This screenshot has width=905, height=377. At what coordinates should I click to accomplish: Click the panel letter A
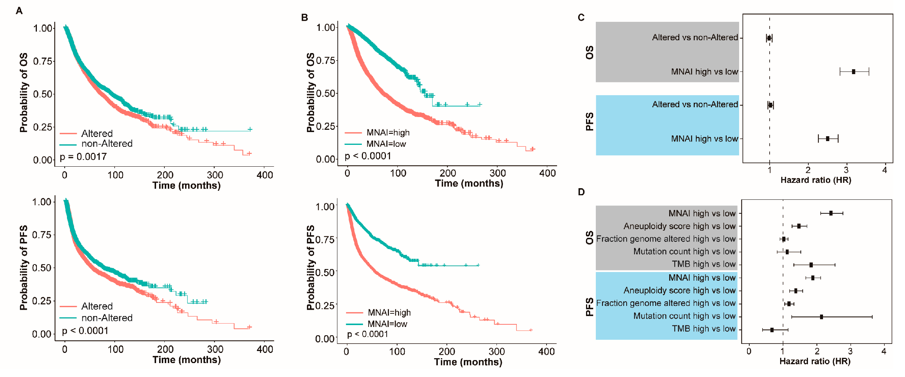click(x=19, y=11)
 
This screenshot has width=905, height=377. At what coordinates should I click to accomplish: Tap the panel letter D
click(x=581, y=192)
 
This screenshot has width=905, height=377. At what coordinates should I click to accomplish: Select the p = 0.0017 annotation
click(x=83, y=157)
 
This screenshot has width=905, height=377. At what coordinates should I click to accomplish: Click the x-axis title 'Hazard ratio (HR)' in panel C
click(x=815, y=180)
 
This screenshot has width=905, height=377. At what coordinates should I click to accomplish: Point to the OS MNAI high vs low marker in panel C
click(x=853, y=71)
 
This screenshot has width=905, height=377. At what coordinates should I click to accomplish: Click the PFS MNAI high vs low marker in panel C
click(x=828, y=139)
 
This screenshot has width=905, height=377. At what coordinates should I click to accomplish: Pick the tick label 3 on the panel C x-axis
click(x=846, y=170)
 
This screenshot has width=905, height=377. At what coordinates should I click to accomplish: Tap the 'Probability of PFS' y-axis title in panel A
click(x=24, y=268)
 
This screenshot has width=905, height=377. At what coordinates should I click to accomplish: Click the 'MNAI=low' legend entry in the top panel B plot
click(x=386, y=144)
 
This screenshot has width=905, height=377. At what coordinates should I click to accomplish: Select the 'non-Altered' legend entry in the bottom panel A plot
click(x=107, y=318)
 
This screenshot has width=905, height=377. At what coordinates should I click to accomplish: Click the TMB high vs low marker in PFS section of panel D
click(x=772, y=330)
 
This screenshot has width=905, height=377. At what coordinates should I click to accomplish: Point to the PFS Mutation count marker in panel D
click(x=821, y=317)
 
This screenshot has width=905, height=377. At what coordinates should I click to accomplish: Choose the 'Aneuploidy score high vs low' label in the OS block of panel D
click(x=679, y=226)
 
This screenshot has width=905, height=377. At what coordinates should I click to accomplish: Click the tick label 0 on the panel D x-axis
click(x=749, y=351)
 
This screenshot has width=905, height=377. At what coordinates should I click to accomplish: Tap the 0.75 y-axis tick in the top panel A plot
click(x=44, y=61)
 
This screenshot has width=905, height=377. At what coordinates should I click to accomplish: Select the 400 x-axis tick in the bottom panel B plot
click(x=546, y=352)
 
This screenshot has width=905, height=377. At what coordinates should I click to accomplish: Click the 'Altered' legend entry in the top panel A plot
click(x=97, y=134)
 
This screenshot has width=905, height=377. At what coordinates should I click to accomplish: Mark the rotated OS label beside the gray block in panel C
click(x=589, y=53)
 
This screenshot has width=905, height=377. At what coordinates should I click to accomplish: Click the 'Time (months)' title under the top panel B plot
click(x=469, y=184)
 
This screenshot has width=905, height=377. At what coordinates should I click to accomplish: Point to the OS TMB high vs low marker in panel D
click(x=811, y=265)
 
